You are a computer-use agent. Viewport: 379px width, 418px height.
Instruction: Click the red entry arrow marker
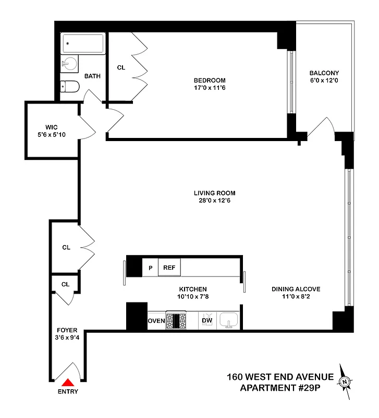tap(68, 384)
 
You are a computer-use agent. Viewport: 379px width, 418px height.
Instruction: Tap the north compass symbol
tap(345, 382)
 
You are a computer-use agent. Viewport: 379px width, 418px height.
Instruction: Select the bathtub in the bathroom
tap(83, 43)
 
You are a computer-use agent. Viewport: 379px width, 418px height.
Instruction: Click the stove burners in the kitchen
tap(176, 320)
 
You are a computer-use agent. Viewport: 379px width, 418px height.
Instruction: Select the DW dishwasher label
tap(207, 320)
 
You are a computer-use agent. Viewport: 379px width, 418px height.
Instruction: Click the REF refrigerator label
tap(169, 268)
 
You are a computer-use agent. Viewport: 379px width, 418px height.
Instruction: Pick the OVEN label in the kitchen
tap(156, 320)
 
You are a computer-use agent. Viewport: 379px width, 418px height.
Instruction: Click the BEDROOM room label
tap(210, 80)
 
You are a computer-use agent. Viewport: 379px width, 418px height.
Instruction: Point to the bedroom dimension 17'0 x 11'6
tap(210, 88)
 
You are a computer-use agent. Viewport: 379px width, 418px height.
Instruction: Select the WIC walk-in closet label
tap(51, 127)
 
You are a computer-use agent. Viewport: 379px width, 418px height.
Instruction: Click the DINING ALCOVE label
tap(296, 289)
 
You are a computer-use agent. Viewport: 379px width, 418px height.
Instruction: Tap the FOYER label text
tap(67, 330)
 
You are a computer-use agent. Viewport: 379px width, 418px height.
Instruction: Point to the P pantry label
tap(150, 268)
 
